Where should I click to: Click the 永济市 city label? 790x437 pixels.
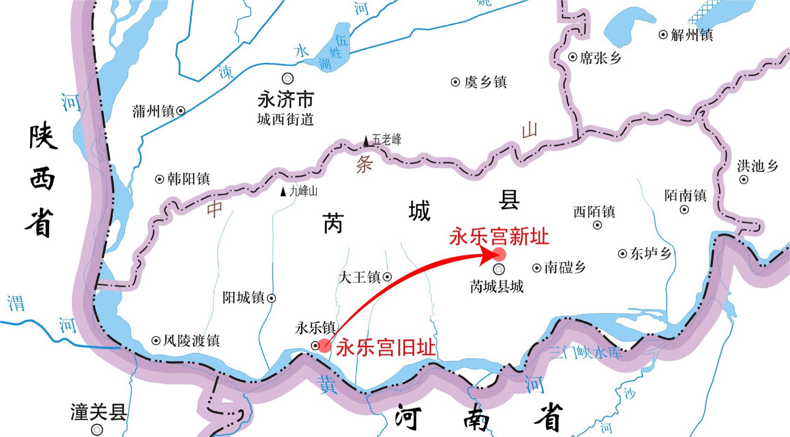coord(286,99)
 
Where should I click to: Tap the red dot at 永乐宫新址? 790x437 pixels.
coord(499,254)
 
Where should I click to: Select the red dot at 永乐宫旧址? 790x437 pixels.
coord(324,345)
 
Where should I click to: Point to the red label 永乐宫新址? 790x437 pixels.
coord(499,237)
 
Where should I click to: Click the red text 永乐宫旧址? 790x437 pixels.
coord(386,347)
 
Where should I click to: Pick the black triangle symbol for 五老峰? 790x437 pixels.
coord(367,140)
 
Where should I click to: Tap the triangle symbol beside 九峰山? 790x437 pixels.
coord(283,191)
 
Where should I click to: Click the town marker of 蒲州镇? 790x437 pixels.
coord(181,111)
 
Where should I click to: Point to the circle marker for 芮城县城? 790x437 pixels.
coord(499,269)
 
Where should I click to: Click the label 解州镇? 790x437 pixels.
coord(692,35)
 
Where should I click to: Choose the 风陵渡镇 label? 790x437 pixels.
coord(191,341)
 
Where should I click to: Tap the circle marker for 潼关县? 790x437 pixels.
coord(97,430)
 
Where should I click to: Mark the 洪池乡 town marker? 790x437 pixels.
coord(744,179)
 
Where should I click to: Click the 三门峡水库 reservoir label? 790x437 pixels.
coord(585,353)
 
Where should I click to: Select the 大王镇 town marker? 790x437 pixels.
coord(387,277)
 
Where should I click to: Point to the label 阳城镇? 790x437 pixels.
coord(244,298)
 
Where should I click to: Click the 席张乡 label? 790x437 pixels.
coord(600,58)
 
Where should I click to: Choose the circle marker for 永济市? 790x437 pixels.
coord(288,78)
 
